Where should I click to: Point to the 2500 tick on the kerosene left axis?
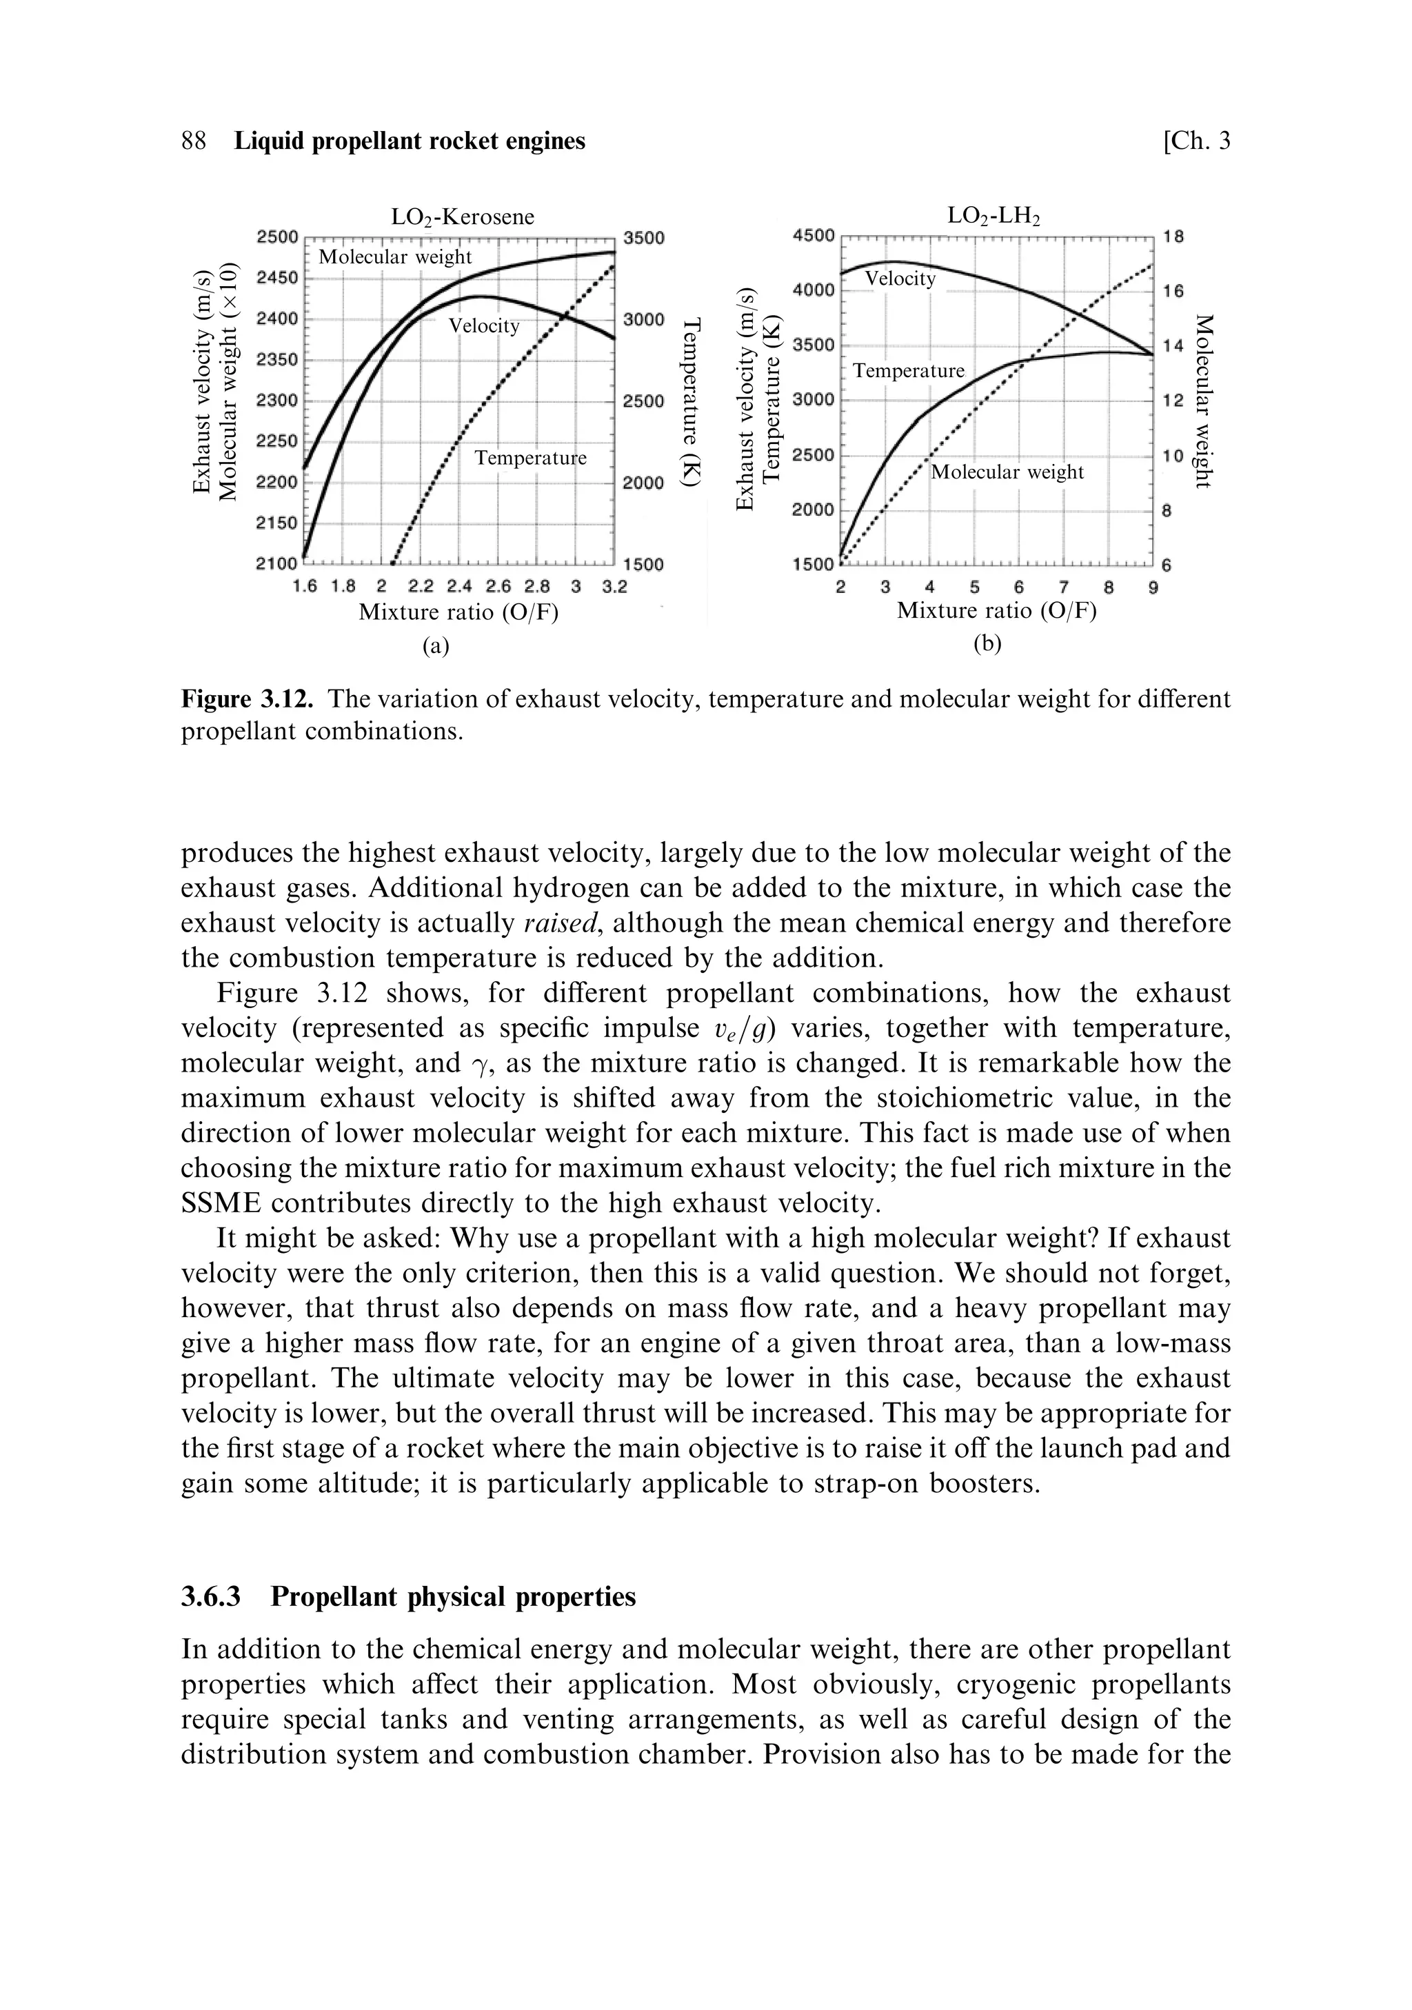coord(277,237)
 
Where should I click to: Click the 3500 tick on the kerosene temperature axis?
coord(644,237)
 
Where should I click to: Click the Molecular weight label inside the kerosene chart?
coord(395,257)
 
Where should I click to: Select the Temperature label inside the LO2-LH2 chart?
coord(909,371)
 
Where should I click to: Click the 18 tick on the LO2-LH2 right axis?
coord(1173,237)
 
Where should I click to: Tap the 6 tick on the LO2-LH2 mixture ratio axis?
coord(1018,587)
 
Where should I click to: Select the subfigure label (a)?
coord(435,646)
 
